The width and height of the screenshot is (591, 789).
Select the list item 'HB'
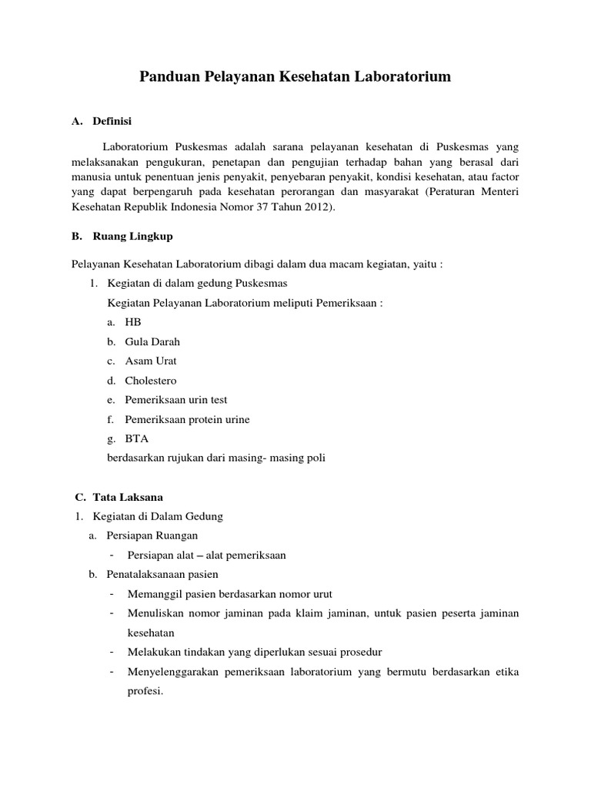(x=133, y=322)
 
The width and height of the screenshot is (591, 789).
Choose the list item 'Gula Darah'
(x=152, y=341)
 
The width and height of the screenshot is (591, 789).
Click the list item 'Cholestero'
(x=152, y=381)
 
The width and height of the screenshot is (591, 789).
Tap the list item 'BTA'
(x=137, y=438)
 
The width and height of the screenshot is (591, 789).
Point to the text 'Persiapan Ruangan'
(x=153, y=536)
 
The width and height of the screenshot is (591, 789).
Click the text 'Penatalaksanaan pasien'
(x=164, y=574)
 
